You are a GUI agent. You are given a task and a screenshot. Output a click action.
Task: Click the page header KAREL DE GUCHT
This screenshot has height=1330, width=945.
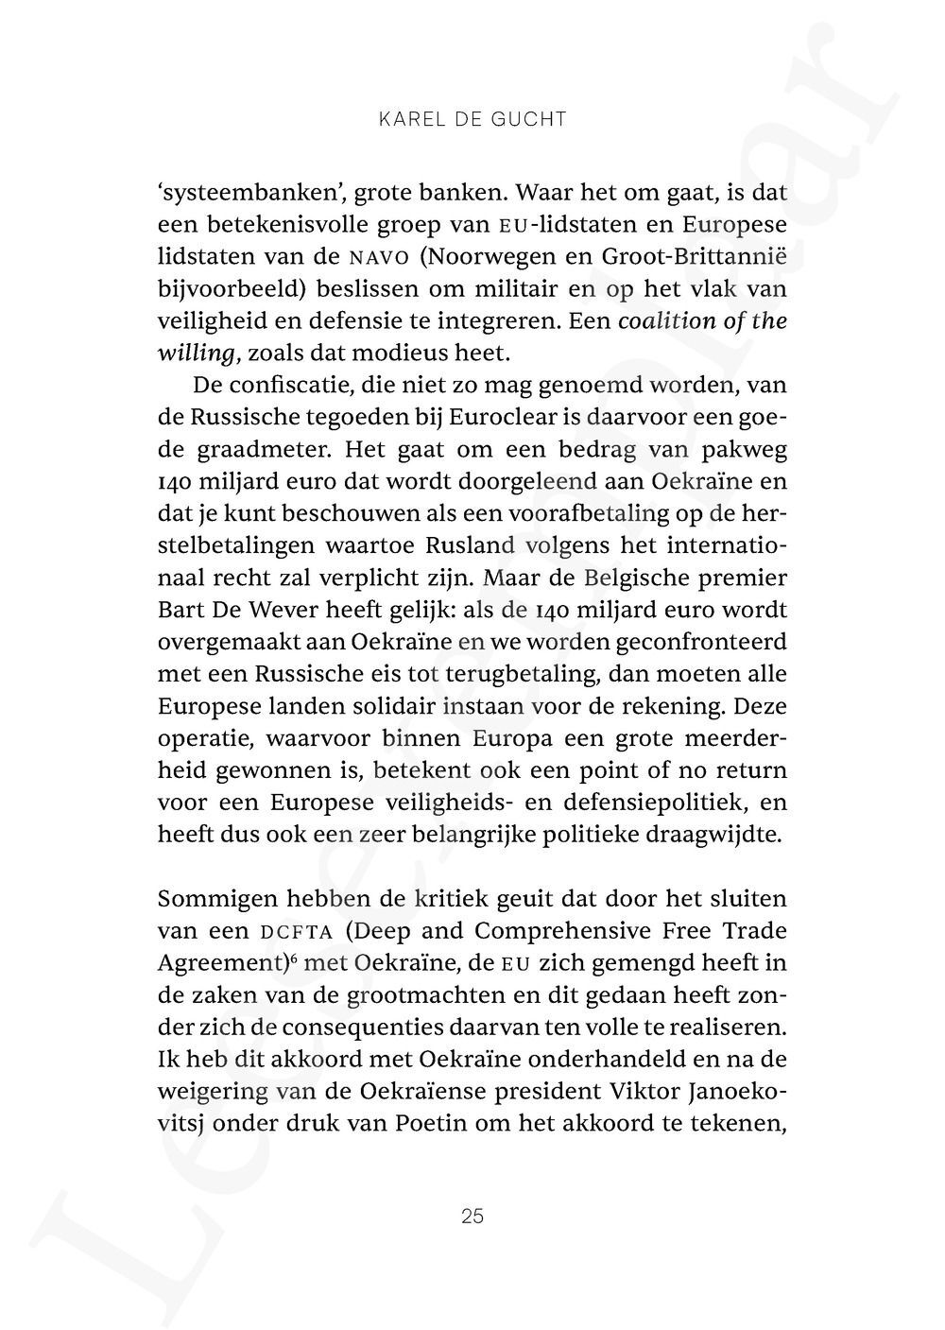pyautogui.click(x=472, y=119)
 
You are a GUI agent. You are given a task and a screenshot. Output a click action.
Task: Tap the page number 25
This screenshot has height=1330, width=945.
pyautogui.click(x=472, y=1216)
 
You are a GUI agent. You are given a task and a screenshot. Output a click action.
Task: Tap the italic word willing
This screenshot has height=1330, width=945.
pyautogui.click(x=198, y=354)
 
